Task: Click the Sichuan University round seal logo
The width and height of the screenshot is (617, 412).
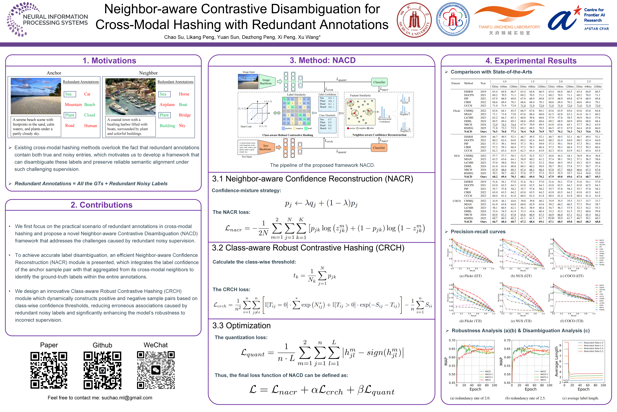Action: [x=414, y=20]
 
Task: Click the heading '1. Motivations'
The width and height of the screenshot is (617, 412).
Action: [x=109, y=61]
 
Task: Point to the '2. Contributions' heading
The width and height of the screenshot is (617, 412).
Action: [x=101, y=205]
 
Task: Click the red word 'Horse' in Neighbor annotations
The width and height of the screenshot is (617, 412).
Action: [x=184, y=94]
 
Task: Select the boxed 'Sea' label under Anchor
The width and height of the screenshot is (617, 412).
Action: [x=69, y=94]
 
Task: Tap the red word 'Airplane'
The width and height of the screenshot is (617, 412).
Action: [x=167, y=105]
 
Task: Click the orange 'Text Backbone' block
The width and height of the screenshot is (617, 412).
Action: [x=266, y=147]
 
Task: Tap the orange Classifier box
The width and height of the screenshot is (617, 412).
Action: [x=379, y=148]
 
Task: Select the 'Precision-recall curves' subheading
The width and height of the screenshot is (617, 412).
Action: [x=478, y=232]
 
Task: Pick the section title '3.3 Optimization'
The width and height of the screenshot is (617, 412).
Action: [x=241, y=326]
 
